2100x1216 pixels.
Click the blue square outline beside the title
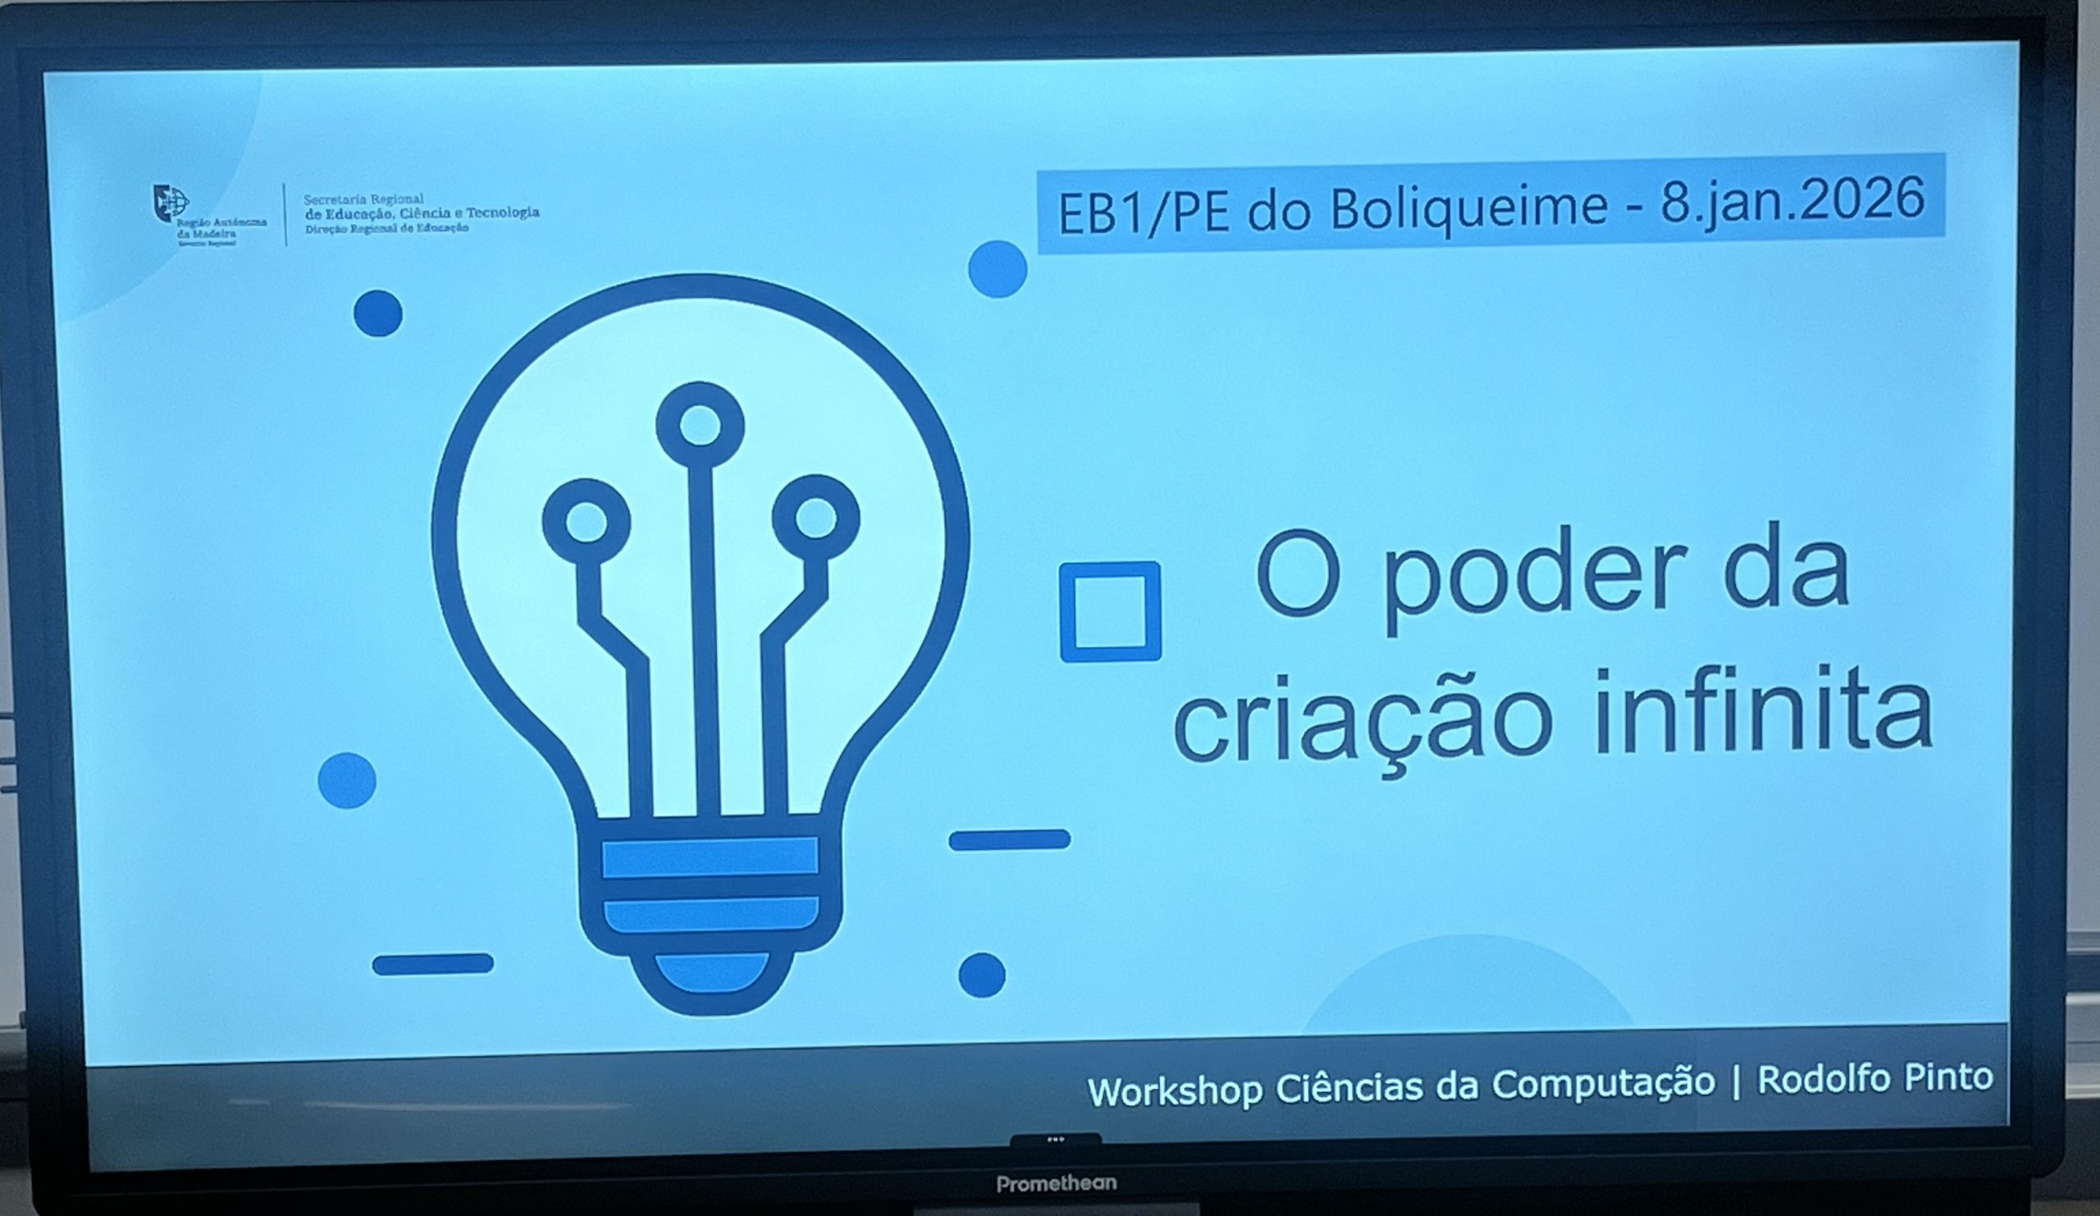pyautogui.click(x=1110, y=612)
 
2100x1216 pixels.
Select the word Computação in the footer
pyautogui.click(x=1604, y=1083)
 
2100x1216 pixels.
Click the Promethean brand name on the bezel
pyautogui.click(x=1056, y=1182)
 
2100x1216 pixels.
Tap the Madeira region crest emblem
pyautogui.click(x=170, y=203)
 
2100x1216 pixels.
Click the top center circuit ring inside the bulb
pyautogui.click(x=700, y=425)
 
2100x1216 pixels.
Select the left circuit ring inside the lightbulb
pyautogui.click(x=586, y=521)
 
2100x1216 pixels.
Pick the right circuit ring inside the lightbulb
pyautogui.click(x=816, y=518)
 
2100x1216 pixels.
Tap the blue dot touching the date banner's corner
pyautogui.click(x=997, y=269)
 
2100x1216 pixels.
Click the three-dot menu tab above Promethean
pyautogui.click(x=1056, y=1140)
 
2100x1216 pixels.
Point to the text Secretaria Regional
pyautogui.click(x=363, y=200)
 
